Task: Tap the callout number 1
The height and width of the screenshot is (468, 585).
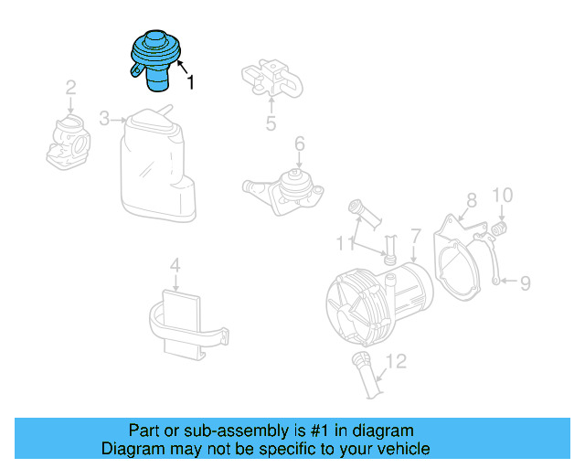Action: (x=190, y=84)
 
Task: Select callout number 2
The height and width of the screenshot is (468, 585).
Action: (x=69, y=89)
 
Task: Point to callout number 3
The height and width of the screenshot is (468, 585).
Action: (x=104, y=119)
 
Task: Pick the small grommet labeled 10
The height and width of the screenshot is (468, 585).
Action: (x=501, y=226)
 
